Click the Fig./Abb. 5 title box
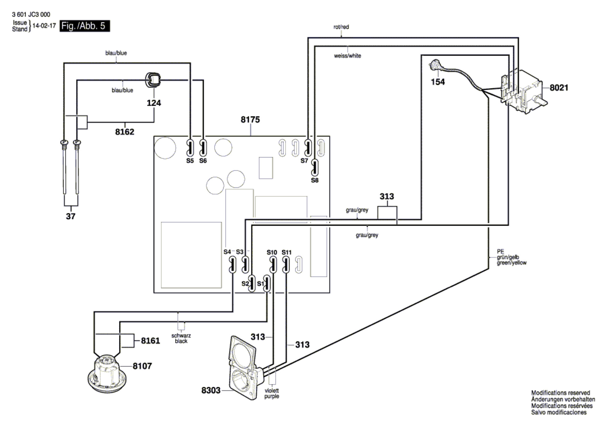pyautogui.click(x=85, y=26)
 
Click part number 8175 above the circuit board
pyautogui.click(x=250, y=119)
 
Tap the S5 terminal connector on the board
pyautogui.click(x=190, y=148)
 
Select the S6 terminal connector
pyautogui.click(x=203, y=148)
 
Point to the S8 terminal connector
pyautogui.click(x=315, y=168)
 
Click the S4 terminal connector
pyautogui.click(x=233, y=265)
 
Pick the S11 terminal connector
pyautogui.click(x=286, y=265)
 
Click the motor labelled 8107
pyautogui.click(x=107, y=374)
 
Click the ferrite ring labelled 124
pyautogui.click(x=153, y=80)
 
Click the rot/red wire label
pyautogui.click(x=341, y=27)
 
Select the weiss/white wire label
pyautogui.click(x=347, y=56)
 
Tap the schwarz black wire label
pyautogui.click(x=181, y=338)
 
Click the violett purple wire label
pyautogui.click(x=272, y=393)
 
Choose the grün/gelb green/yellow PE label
pyautogui.click(x=511, y=257)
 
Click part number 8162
pyautogui.click(x=125, y=132)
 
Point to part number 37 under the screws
pyautogui.click(x=71, y=216)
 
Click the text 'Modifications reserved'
pyautogui.click(x=561, y=393)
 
